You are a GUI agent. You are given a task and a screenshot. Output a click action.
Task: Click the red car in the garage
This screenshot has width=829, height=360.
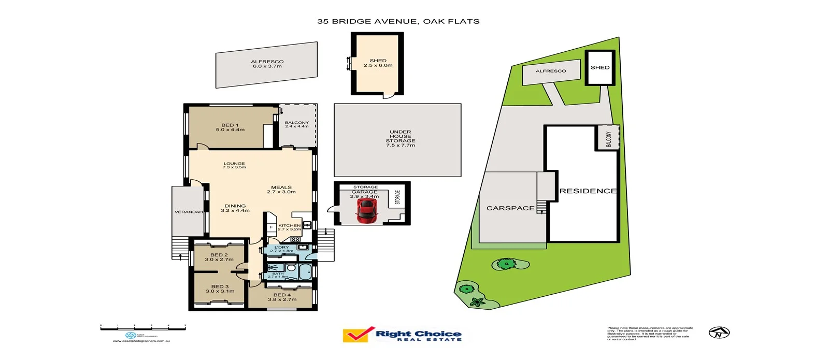(x=367, y=211)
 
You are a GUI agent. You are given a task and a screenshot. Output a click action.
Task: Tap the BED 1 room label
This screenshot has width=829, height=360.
(x=230, y=127)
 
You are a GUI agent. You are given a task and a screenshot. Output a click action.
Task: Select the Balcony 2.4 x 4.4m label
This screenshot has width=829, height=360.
(x=296, y=124)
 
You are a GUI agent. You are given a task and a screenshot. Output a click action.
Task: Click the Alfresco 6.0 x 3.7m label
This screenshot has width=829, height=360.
(x=267, y=64)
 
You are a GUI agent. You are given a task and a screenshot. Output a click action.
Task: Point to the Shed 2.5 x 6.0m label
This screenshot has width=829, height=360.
(x=378, y=63)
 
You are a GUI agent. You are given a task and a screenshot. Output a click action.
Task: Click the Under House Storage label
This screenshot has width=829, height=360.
(x=400, y=138)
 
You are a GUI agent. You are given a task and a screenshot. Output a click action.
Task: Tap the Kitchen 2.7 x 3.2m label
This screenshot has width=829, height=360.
(x=289, y=227)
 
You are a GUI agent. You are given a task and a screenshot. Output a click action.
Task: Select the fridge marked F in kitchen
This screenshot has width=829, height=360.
(x=271, y=227)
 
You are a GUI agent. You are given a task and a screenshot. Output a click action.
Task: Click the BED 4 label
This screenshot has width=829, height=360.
(x=282, y=297)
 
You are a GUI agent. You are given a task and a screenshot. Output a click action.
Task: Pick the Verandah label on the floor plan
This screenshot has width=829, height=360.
(x=188, y=212)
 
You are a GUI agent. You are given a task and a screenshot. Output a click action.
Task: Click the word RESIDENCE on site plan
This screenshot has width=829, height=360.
(x=588, y=191)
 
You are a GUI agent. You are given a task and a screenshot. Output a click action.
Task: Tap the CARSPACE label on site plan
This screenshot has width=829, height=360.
(x=510, y=208)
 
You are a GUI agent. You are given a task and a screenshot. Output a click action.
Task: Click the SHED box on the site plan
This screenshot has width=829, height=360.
(x=600, y=68)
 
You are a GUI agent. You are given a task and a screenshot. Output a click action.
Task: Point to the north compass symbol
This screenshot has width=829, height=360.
(x=719, y=333)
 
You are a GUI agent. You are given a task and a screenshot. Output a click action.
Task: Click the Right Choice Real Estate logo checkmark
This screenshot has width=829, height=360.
(x=358, y=334)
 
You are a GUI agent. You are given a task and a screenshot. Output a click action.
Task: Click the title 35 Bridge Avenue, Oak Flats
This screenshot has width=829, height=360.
(x=398, y=21)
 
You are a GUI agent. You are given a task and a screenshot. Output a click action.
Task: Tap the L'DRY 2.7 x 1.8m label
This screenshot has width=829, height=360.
(x=281, y=249)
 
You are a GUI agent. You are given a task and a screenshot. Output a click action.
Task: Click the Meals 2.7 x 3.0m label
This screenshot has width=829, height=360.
(x=281, y=190)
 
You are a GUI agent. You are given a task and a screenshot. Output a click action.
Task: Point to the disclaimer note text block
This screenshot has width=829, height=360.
(x=650, y=334)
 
